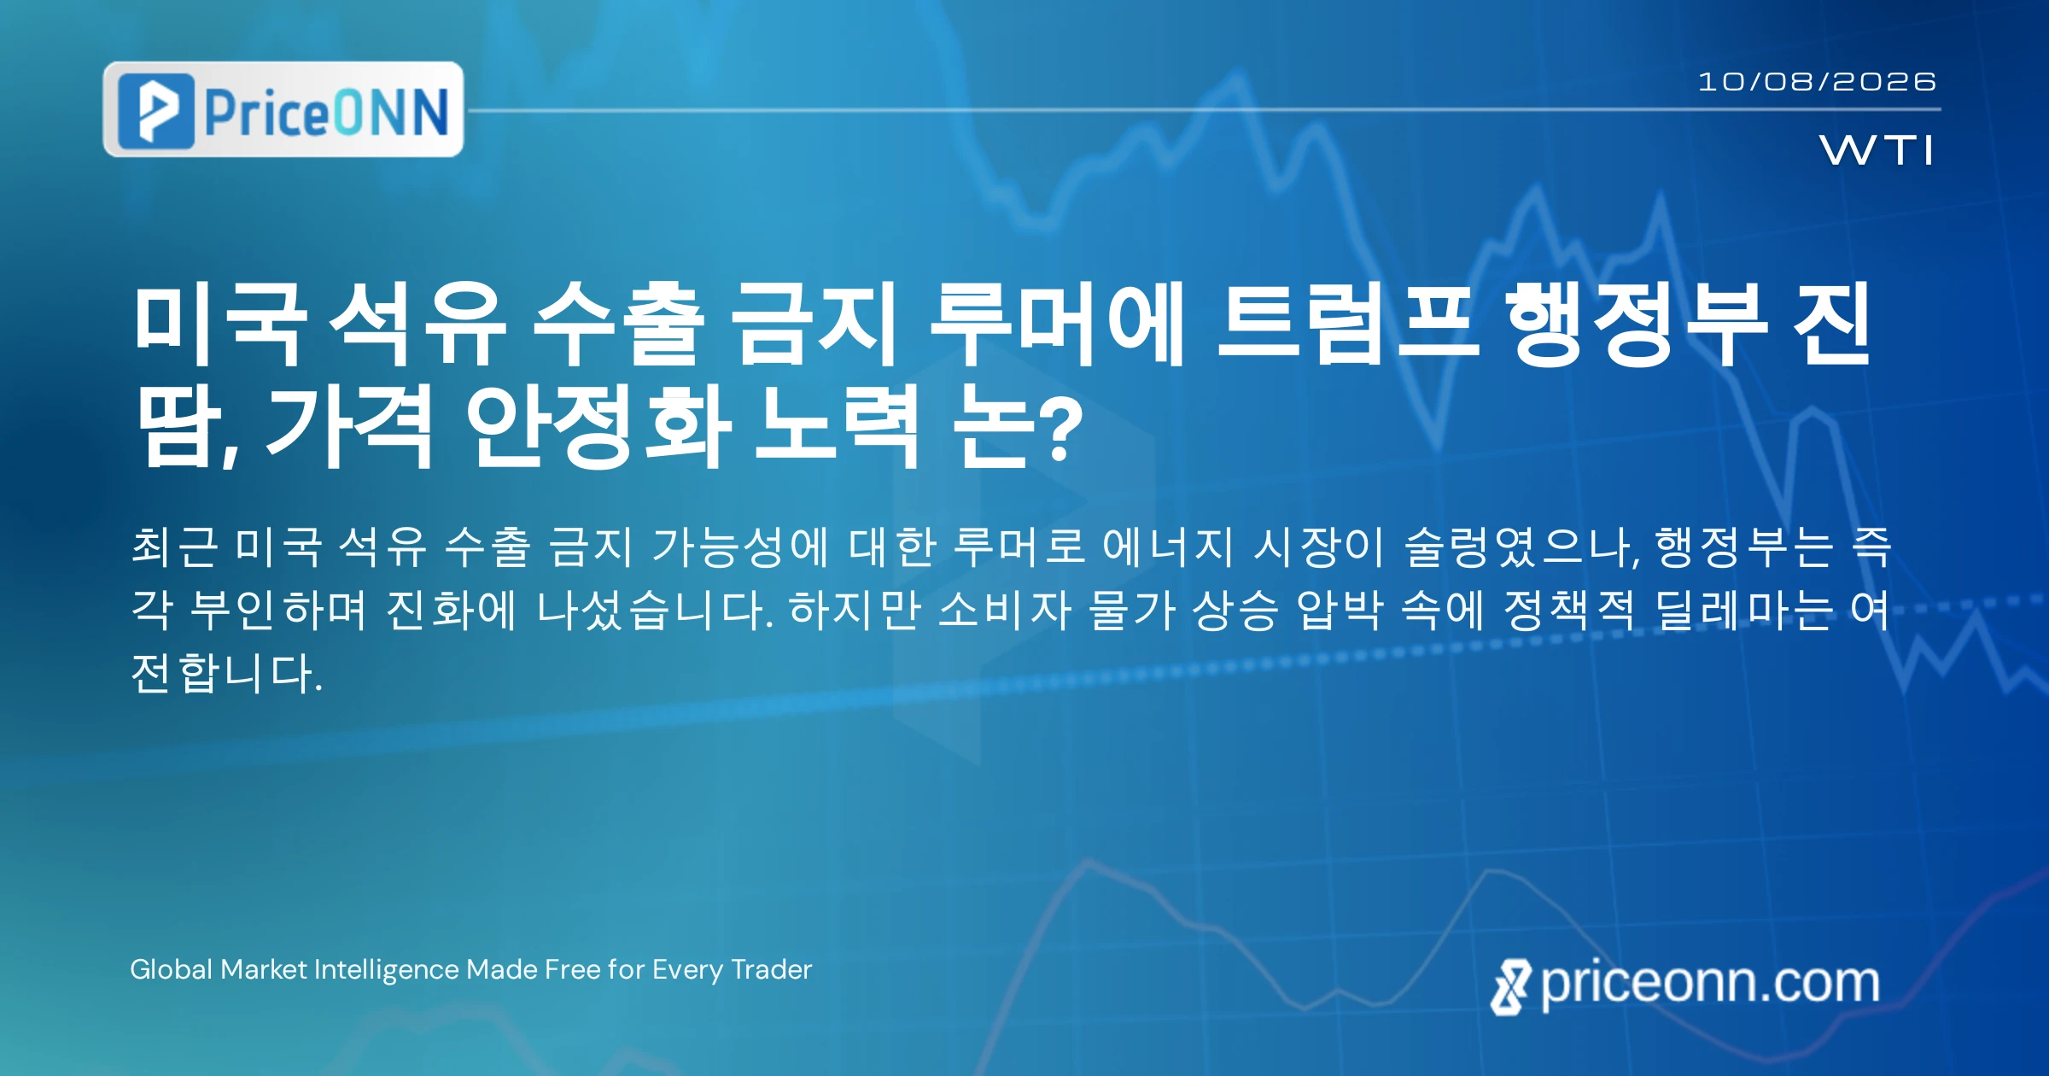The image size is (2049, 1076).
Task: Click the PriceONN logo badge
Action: pyautogui.click(x=283, y=109)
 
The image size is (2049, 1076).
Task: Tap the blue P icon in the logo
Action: pyautogui.click(x=156, y=111)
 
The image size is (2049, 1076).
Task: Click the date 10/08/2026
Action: pyautogui.click(x=1817, y=81)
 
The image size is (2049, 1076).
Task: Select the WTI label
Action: pyautogui.click(x=1877, y=150)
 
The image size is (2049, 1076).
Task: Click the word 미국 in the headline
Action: pyautogui.click(x=219, y=325)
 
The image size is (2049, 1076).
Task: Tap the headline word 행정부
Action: pyautogui.click(x=1635, y=325)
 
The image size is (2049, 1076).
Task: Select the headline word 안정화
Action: pyautogui.click(x=598, y=425)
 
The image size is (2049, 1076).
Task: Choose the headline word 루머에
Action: pyautogui.click(x=1057, y=325)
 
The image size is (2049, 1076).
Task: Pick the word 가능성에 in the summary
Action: pyautogui.click(x=740, y=547)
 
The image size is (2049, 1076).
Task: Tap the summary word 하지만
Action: pyautogui.click(x=855, y=610)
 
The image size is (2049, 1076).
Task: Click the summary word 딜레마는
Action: pyautogui.click(x=1743, y=610)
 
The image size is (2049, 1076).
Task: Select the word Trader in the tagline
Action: pyautogui.click(x=772, y=969)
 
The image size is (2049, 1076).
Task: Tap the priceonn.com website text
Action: pyautogui.click(x=1710, y=983)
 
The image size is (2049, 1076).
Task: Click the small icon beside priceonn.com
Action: pyautogui.click(x=1510, y=986)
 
